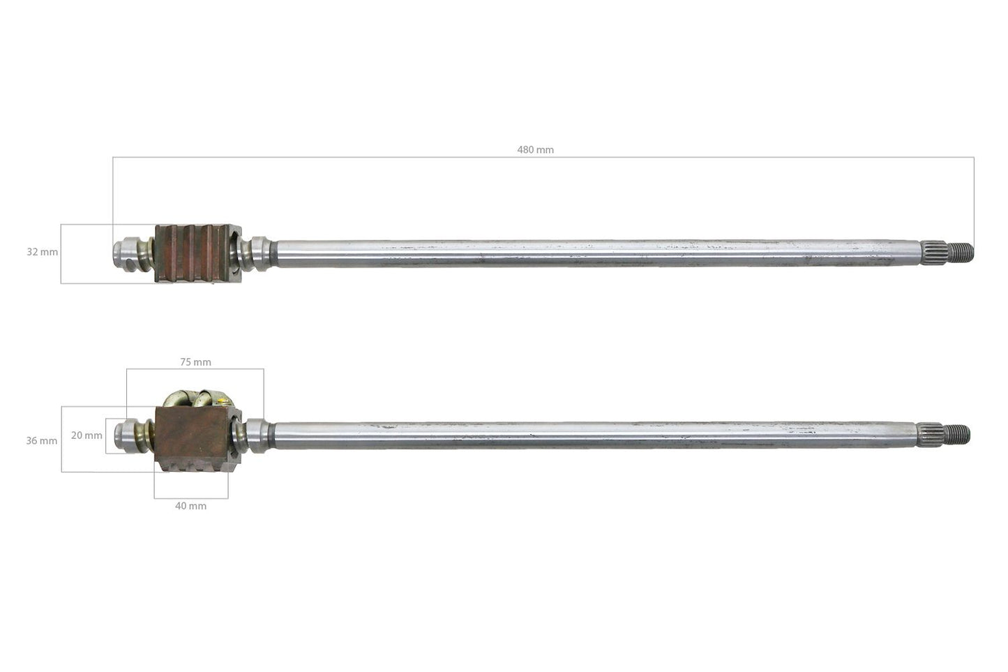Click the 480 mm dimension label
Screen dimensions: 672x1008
pyautogui.click(x=535, y=149)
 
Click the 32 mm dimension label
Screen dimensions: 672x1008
pyautogui.click(x=42, y=252)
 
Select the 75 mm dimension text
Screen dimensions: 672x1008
pyautogui.click(x=195, y=362)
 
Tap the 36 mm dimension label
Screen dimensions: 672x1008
pyautogui.click(x=42, y=441)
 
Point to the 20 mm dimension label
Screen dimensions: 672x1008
pyautogui.click(x=86, y=435)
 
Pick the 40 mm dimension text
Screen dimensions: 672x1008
pyautogui.click(x=190, y=506)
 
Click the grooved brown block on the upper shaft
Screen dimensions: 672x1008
pyautogui.click(x=197, y=253)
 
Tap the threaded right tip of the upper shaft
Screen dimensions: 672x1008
pyautogui.click(x=965, y=252)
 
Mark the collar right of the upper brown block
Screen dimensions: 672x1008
pyautogui.click(x=259, y=253)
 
